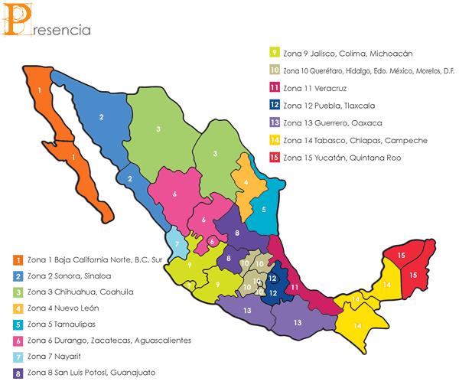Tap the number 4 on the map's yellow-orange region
[x=245, y=182]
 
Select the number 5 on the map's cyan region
[x=264, y=208]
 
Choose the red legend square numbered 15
[x=274, y=158]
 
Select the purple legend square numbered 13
[x=274, y=123]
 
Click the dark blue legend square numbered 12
[x=274, y=106]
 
